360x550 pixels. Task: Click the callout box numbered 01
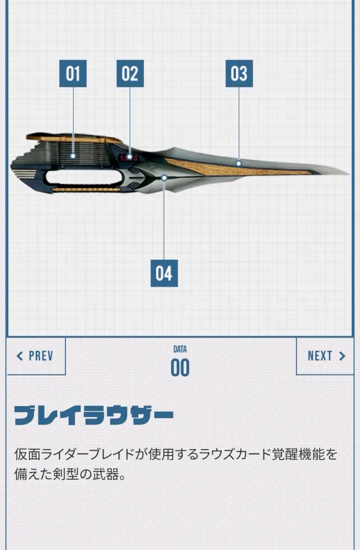click(73, 73)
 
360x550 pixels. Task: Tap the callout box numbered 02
click(130, 73)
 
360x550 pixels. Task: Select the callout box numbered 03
click(239, 73)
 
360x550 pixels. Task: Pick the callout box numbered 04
click(164, 273)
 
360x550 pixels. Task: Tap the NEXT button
click(325, 356)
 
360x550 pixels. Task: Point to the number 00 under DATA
click(180, 367)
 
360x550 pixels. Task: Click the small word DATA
click(180, 349)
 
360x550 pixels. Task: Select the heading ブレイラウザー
click(94, 416)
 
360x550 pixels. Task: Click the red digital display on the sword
click(129, 158)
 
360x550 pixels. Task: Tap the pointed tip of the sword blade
click(349, 173)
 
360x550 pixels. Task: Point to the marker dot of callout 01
click(73, 156)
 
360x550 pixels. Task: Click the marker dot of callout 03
click(238, 163)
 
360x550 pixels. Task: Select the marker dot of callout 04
click(164, 178)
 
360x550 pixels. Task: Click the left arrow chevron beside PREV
click(20, 356)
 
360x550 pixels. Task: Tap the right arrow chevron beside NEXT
click(342, 356)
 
